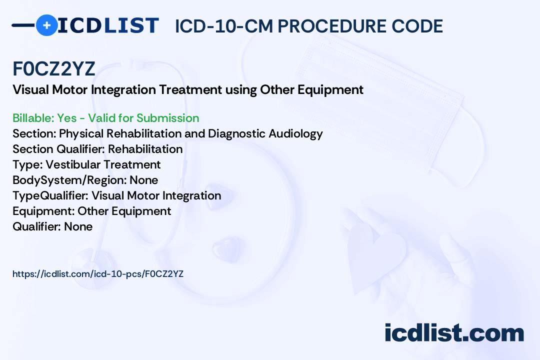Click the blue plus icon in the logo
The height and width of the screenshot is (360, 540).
[46, 25]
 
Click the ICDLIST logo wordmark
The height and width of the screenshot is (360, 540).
[108, 25]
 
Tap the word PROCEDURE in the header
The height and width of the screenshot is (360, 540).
[332, 26]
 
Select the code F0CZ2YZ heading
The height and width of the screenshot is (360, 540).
[53, 68]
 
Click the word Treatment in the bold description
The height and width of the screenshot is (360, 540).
[190, 90]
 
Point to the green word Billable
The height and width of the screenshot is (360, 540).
[33, 118]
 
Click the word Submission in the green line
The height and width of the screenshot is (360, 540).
[167, 118]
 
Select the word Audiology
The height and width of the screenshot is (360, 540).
[296, 133]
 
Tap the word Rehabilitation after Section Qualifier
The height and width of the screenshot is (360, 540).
[145, 149]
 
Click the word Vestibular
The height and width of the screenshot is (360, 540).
[73, 164]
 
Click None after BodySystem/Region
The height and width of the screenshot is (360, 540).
[144, 180]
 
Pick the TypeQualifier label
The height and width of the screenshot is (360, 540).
[50, 195]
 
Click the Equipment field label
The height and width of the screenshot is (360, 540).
[43, 211]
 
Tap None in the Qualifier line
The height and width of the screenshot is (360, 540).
[78, 226]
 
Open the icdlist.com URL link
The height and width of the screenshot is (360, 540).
[98, 274]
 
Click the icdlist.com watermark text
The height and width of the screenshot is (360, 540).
[454, 333]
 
